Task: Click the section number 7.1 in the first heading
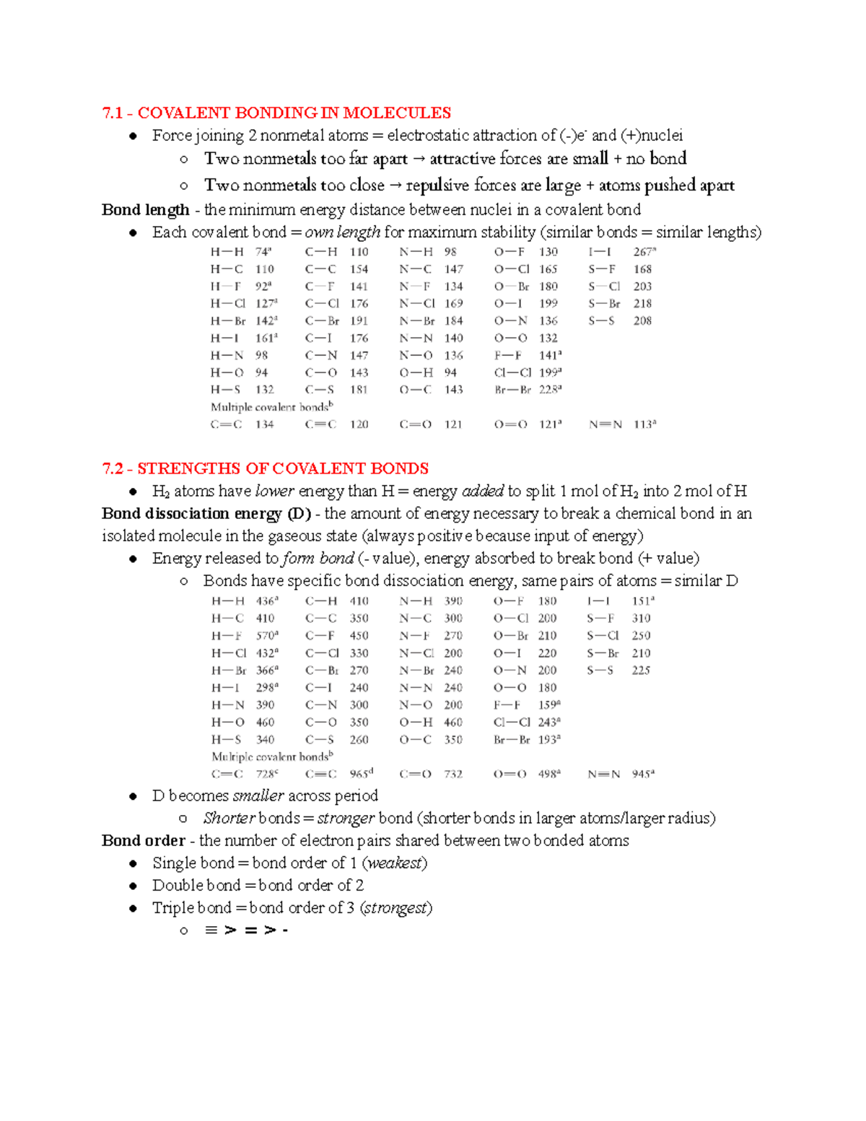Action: click(113, 113)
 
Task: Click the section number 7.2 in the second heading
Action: click(113, 469)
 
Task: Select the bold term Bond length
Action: click(145, 210)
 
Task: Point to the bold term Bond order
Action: click(144, 841)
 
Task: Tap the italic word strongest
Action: click(396, 908)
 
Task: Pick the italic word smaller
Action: click(258, 796)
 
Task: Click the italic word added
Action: click(482, 492)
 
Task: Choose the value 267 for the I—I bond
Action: click(642, 252)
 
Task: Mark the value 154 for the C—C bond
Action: click(359, 269)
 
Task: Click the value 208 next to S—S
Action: click(642, 321)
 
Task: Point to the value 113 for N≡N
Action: click(642, 425)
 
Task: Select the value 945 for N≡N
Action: click(641, 775)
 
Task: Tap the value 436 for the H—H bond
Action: click(265, 601)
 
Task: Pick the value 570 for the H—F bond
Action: click(265, 636)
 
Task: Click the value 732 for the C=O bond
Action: click(453, 775)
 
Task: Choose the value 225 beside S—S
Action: click(641, 671)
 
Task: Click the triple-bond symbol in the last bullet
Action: click(211, 930)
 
